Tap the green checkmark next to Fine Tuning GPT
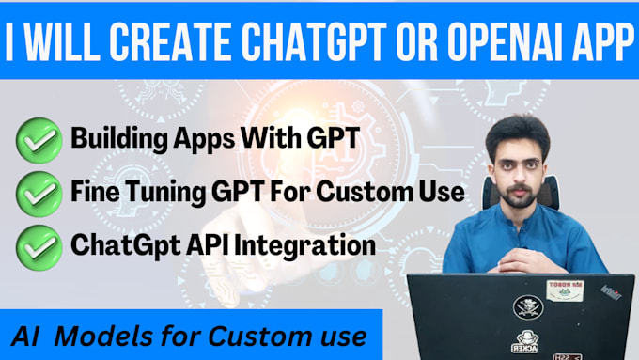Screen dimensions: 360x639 click(38, 195)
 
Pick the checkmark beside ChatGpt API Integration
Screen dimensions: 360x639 click(38, 246)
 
